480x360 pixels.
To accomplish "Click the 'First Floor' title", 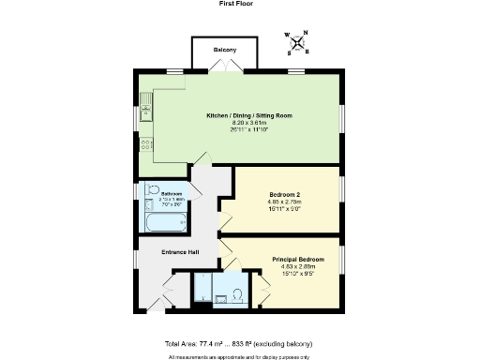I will pos(239,4).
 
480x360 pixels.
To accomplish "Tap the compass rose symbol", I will pos(297,42).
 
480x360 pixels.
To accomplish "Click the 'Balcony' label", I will pos(224,50).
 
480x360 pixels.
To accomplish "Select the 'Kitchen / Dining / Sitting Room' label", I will pos(249,115).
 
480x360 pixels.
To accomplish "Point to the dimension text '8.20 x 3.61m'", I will pos(249,123).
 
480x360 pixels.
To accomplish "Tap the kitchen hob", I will pos(146,144).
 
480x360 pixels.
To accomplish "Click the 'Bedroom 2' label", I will pos(283,195).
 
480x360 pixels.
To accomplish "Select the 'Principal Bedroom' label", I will pos(298,258).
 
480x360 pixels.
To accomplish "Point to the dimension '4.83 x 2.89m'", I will pos(298,266).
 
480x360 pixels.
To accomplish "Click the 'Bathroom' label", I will pos(172,194).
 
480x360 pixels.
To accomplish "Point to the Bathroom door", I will pos(194,191).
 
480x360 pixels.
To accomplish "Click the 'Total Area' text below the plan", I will pos(239,344).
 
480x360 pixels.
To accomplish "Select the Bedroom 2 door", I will pos(226,221).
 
